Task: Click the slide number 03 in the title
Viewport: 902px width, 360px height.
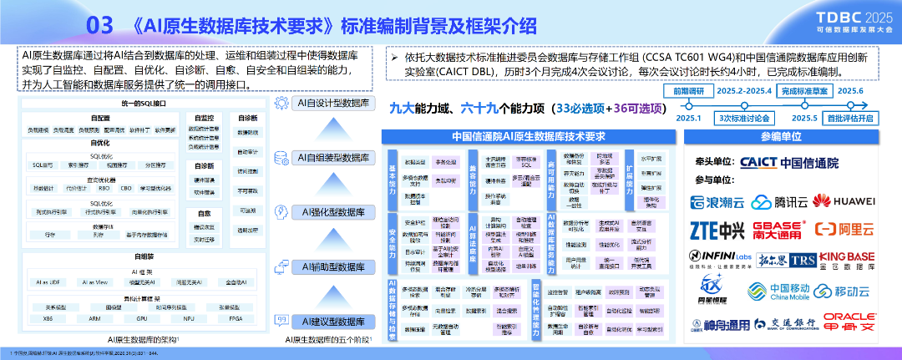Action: tap(99, 26)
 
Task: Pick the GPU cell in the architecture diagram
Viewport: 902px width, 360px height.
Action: tap(142, 318)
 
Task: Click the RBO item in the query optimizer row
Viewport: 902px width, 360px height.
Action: tap(104, 188)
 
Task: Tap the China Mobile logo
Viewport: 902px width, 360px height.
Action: tap(768, 292)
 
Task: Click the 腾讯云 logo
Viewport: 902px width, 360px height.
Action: tap(774, 201)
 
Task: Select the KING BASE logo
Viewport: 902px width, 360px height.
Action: tap(846, 260)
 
